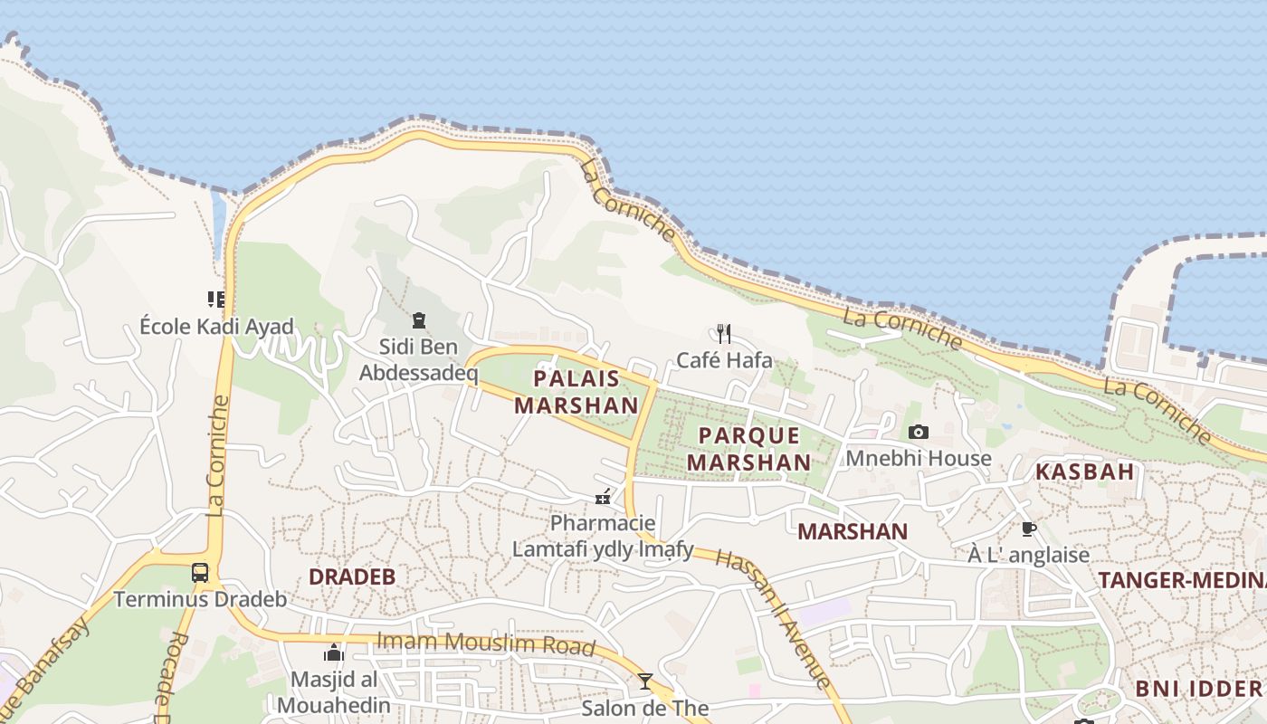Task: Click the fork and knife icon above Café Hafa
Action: point(723,333)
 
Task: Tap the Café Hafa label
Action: point(725,360)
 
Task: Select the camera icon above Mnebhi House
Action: point(919,432)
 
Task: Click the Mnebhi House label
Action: point(918,458)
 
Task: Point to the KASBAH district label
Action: point(1084,471)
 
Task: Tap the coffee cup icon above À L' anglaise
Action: point(1028,529)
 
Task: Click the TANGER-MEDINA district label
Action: point(1181,581)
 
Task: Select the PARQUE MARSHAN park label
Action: point(748,448)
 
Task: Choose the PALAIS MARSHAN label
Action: point(576,391)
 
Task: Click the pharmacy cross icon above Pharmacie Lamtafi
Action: point(603,497)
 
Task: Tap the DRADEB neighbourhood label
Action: point(352,576)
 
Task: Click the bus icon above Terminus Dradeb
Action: point(200,573)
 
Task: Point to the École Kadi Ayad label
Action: point(217,326)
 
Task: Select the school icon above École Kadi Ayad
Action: point(215,299)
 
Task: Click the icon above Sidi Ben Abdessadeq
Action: point(418,319)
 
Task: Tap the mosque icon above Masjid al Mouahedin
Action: point(334,653)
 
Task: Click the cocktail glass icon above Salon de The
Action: point(644,681)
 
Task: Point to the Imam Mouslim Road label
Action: point(486,643)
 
